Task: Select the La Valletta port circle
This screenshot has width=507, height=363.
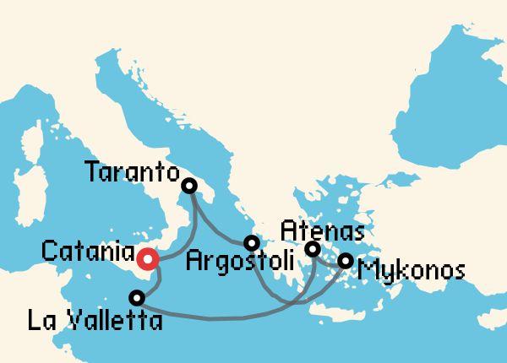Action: tap(137, 297)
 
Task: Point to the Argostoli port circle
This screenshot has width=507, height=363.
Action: tap(250, 243)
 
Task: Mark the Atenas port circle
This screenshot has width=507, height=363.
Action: tap(313, 249)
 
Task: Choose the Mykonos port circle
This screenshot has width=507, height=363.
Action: tap(345, 261)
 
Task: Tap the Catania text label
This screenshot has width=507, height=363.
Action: tap(88, 252)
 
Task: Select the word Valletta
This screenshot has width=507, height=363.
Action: tap(113, 321)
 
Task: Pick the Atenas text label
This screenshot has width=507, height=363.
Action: tap(322, 230)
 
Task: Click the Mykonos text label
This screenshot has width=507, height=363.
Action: tap(412, 271)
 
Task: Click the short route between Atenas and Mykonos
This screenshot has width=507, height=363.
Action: tap(329, 255)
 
